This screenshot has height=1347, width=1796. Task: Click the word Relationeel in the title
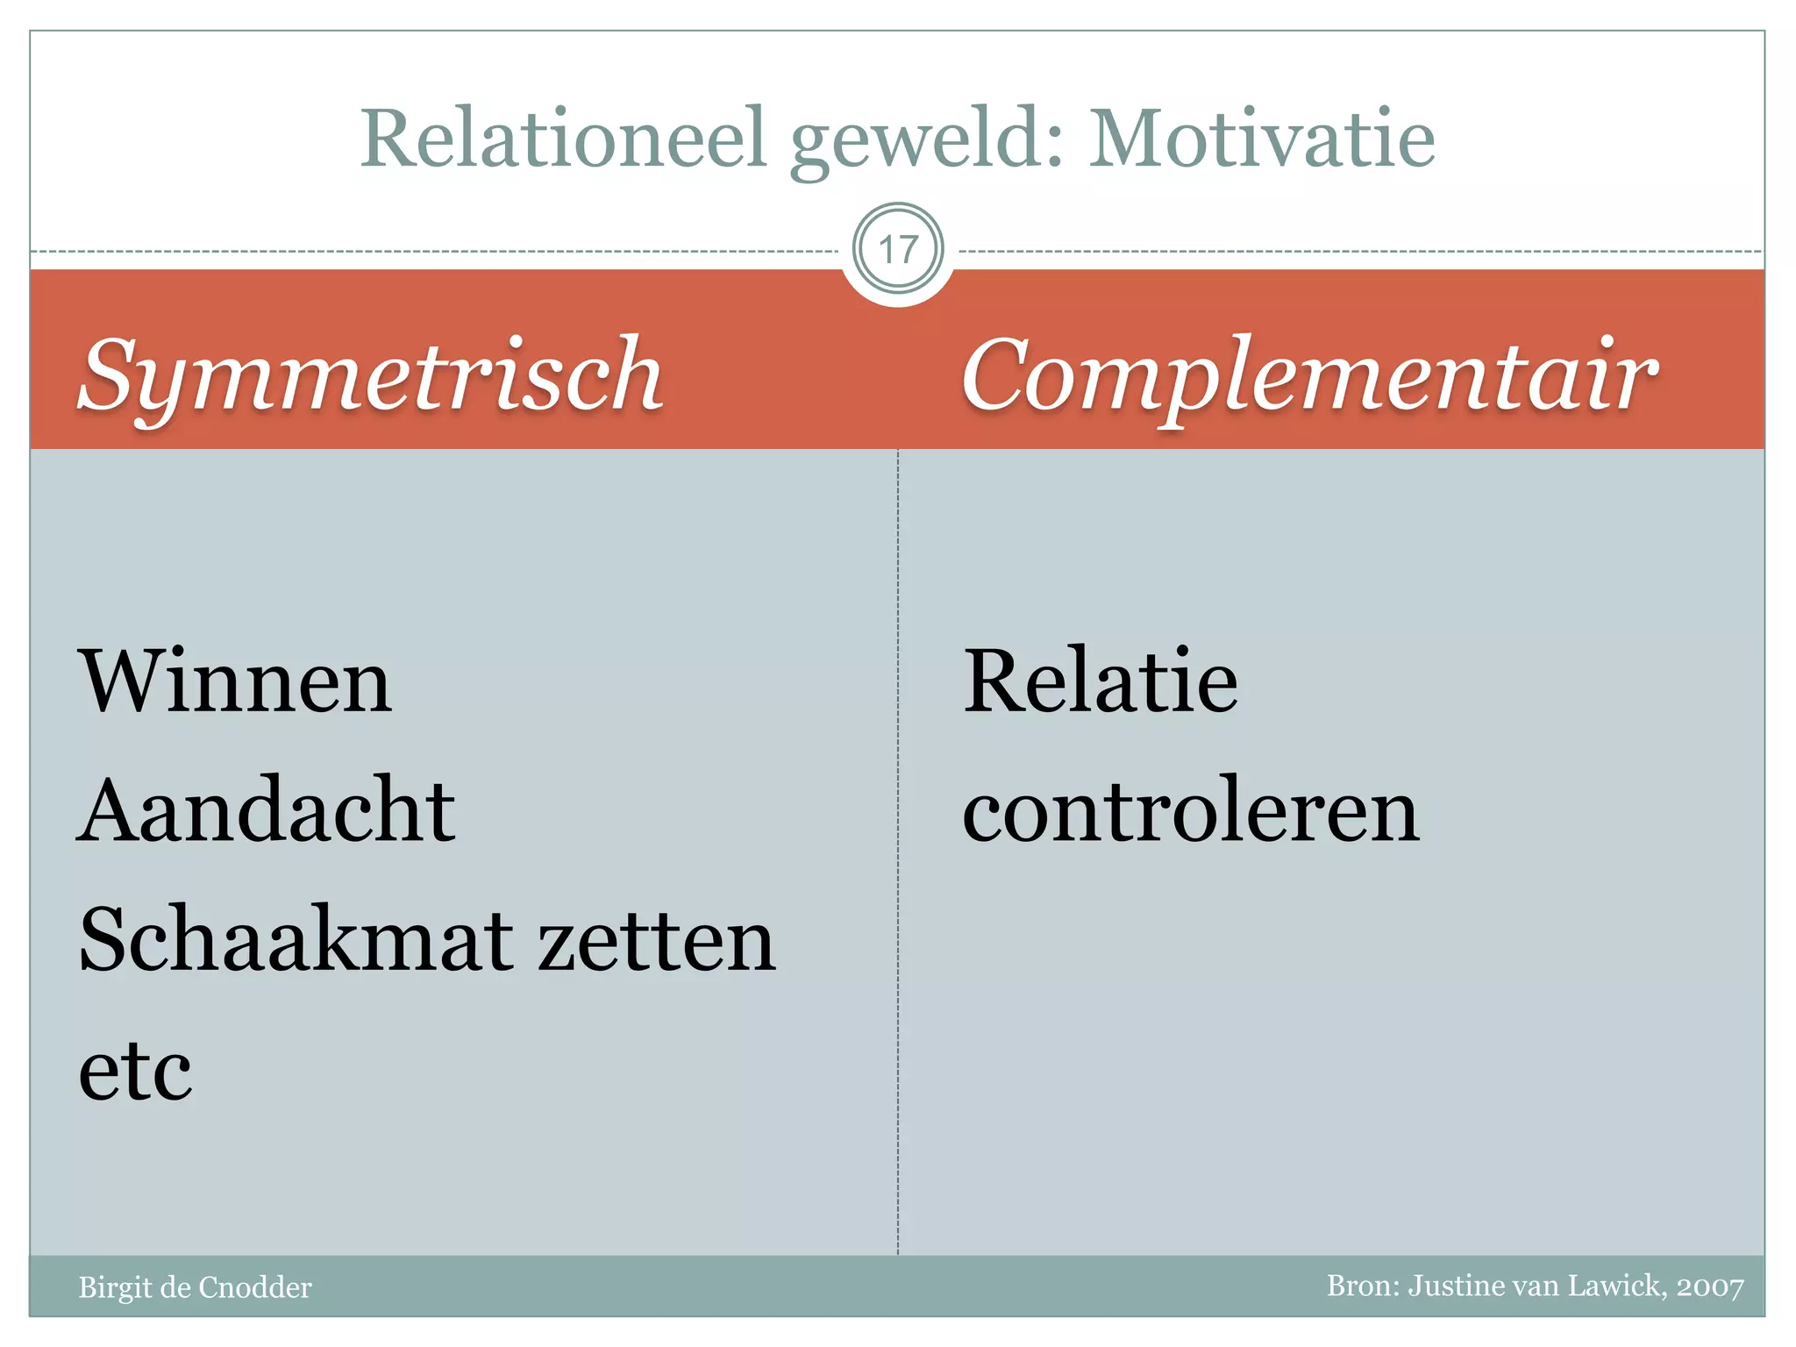[x=564, y=139]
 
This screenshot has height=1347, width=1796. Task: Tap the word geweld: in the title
[x=928, y=140]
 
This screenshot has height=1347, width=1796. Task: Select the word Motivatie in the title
[x=1261, y=139]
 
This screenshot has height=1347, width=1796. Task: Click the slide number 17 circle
[x=897, y=250]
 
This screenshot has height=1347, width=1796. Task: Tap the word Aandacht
[x=267, y=810]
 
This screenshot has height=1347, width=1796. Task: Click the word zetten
[x=657, y=941]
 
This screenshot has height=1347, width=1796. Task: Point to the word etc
[x=135, y=1071]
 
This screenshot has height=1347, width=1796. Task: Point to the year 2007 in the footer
[x=1709, y=1286]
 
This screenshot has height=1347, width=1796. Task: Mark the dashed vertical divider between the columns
[x=897, y=851]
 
